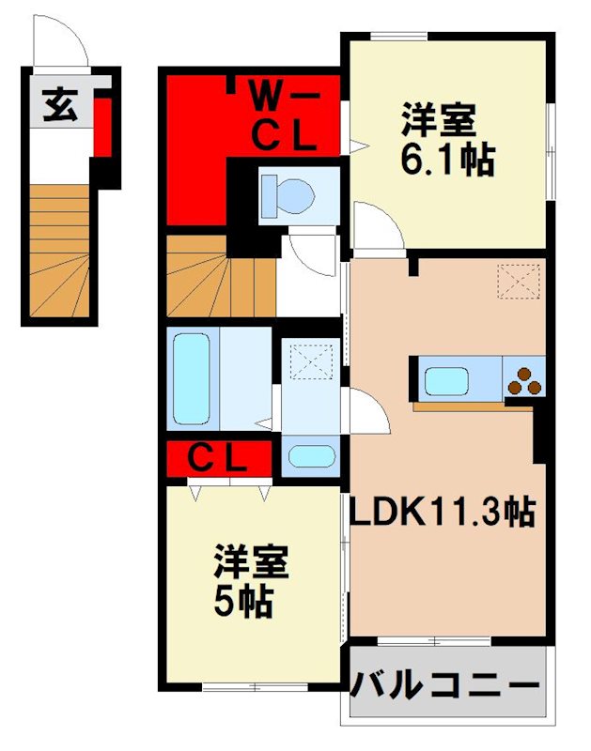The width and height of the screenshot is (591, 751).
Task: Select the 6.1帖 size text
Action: [447, 161]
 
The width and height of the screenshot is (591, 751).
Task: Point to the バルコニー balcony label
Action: [446, 686]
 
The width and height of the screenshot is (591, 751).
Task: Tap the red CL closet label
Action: [217, 460]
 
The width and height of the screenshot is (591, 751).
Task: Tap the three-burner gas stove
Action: [525, 381]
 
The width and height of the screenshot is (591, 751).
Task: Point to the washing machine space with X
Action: [310, 361]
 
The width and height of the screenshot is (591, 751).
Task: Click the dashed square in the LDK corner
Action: [520, 281]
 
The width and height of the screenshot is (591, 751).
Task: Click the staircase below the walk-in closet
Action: [220, 276]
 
